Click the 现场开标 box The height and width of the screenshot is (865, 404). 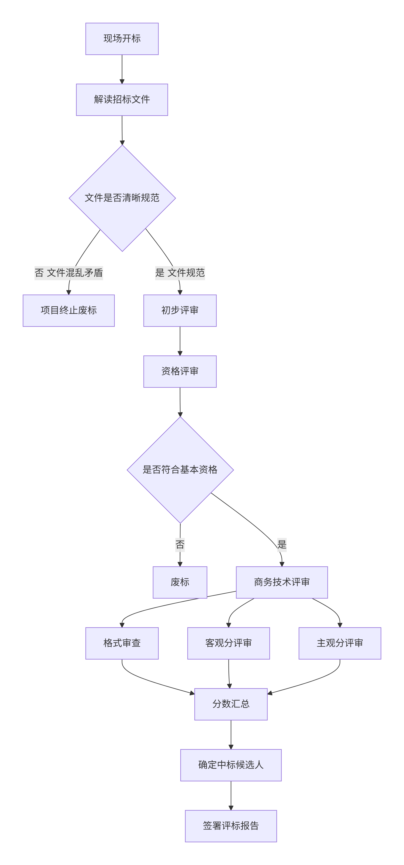click(122, 39)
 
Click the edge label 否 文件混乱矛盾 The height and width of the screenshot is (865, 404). click(69, 273)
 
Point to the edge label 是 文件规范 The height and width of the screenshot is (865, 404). click(180, 273)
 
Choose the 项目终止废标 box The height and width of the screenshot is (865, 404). click(69, 310)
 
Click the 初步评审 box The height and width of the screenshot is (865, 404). click(180, 310)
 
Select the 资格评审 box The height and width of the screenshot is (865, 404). click(180, 371)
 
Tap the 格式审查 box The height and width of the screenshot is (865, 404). click(122, 643)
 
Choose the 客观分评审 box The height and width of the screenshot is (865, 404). click(228, 643)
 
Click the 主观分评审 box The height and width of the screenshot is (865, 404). click(340, 643)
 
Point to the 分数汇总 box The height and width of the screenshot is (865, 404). click(231, 704)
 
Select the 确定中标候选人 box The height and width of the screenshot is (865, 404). click(231, 765)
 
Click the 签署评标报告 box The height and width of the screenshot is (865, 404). click(231, 826)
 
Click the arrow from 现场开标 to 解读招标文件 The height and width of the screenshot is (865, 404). click(122, 69)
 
